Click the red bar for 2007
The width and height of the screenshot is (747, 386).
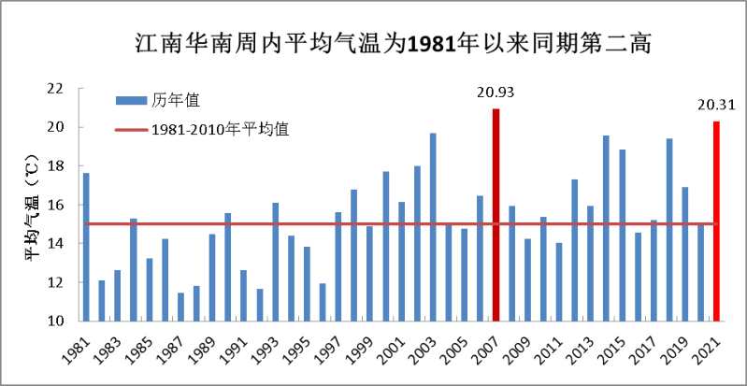(x=496, y=215)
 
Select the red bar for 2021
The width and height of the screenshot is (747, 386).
(x=717, y=221)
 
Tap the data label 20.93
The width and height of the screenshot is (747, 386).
(x=496, y=93)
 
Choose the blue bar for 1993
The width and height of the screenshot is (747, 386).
(x=275, y=262)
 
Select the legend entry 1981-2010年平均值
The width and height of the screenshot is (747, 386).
(x=220, y=130)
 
